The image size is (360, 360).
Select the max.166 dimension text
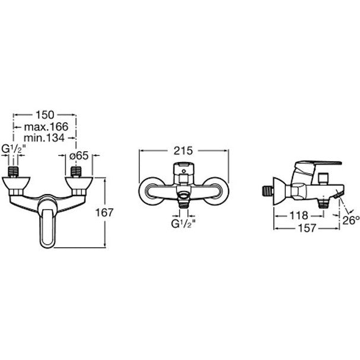(x=45, y=126)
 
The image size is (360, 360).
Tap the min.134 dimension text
(x=45, y=138)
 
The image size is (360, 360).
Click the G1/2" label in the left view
(x=14, y=149)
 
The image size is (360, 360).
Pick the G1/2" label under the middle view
(x=184, y=224)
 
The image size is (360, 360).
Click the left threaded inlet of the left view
(x=15, y=173)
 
